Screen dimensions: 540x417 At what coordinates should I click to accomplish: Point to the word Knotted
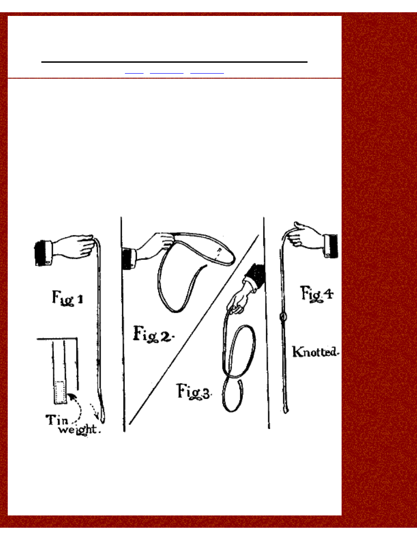[316, 352]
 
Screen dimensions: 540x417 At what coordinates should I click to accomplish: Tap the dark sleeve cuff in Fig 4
[331, 245]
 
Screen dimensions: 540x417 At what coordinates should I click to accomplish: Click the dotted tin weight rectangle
[60, 392]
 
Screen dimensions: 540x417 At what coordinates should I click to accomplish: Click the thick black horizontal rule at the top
[174, 61]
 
